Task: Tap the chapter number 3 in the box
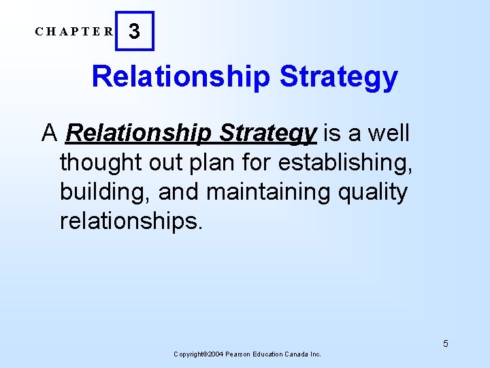(x=135, y=32)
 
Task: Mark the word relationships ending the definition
(x=131, y=221)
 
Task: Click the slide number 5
(x=445, y=343)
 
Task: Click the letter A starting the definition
(x=49, y=133)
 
